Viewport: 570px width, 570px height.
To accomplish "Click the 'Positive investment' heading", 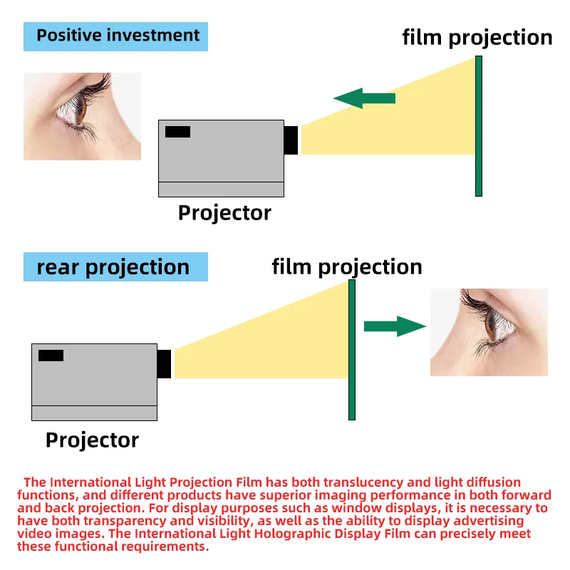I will (118, 35).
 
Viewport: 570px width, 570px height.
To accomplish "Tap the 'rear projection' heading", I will (113, 267).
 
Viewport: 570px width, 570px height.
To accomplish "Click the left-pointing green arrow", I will (364, 98).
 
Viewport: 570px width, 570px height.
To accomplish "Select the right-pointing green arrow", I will (394, 326).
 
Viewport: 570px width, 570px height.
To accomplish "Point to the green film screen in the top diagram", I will (479, 125).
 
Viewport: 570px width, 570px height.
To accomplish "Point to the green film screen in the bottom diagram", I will (352, 349).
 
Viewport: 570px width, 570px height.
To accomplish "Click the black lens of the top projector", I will (291, 140).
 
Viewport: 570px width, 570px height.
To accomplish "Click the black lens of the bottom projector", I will (164, 363).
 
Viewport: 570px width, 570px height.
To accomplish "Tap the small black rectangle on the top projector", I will (177, 132).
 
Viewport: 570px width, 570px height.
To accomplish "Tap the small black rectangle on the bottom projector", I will (51, 355).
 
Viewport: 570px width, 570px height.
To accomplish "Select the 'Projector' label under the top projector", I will (224, 212).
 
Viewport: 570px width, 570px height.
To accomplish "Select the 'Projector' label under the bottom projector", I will (92, 440).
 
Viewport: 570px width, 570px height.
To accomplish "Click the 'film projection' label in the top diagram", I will (477, 37).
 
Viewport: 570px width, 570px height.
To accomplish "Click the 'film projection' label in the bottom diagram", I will (347, 266).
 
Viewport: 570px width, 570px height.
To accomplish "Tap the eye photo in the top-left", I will (82, 116).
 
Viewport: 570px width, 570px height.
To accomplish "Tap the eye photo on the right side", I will (489, 332).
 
